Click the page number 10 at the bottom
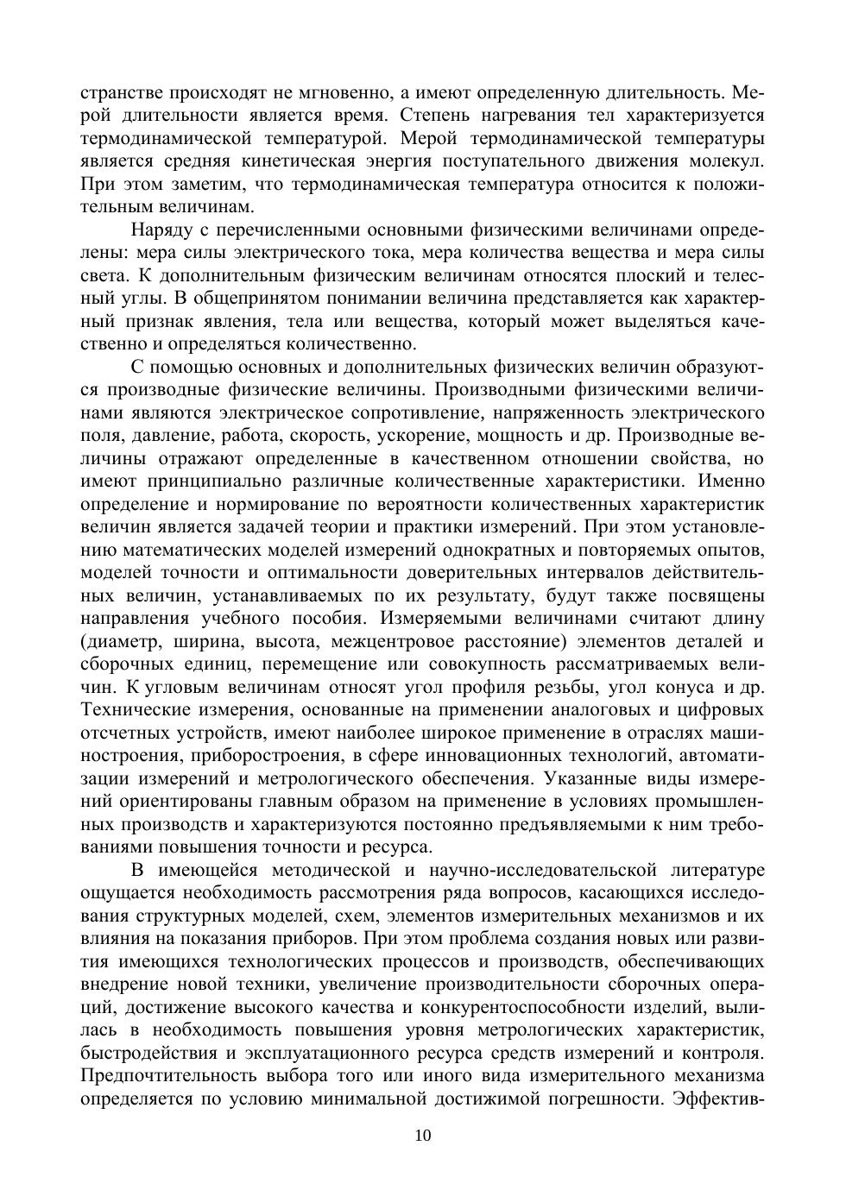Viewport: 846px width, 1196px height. tap(422, 1136)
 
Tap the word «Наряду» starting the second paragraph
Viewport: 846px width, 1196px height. tap(158, 230)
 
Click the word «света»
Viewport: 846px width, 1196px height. tap(104, 275)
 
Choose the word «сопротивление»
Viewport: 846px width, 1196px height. tap(431, 412)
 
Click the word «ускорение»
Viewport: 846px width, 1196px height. tap(446, 435)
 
